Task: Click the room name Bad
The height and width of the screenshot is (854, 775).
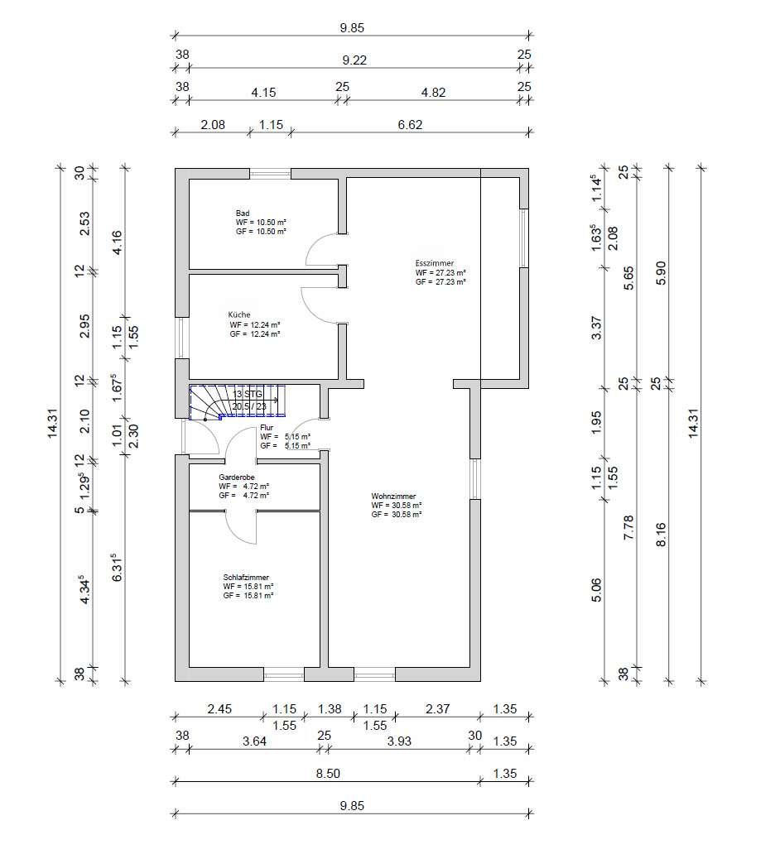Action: pyautogui.click(x=243, y=213)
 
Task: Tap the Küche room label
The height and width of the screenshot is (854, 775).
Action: pyautogui.click(x=239, y=315)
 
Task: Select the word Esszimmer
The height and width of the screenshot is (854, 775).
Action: pyautogui.click(x=434, y=263)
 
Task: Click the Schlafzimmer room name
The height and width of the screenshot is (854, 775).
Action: pyautogui.click(x=246, y=578)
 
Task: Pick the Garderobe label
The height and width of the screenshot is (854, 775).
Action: pyautogui.click(x=236, y=477)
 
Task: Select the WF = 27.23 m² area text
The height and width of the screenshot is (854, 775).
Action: pyautogui.click(x=440, y=272)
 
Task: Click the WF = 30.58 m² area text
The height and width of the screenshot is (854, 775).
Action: pyautogui.click(x=397, y=505)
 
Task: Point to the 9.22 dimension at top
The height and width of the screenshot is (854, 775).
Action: pyautogui.click(x=353, y=60)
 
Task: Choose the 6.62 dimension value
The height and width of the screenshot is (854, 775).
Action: pyautogui.click(x=410, y=125)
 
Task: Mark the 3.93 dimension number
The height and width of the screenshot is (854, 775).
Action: pyautogui.click(x=399, y=741)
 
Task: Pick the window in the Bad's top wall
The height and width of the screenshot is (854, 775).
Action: pyautogui.click(x=270, y=173)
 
